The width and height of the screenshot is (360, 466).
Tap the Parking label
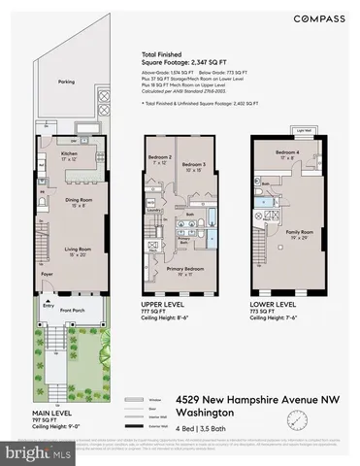click(x=65, y=82)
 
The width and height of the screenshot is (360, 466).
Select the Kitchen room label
click(x=69, y=153)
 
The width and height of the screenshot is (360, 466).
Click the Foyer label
click(x=46, y=274)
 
